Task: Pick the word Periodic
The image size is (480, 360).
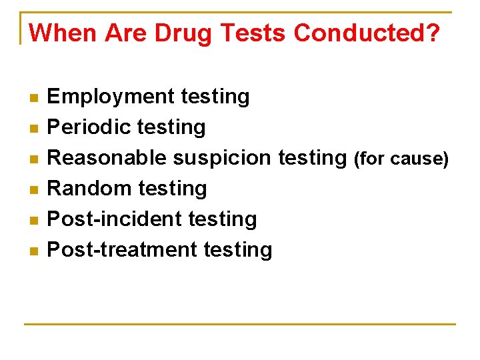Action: point(89,127)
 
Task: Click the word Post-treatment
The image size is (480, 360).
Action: point(123,249)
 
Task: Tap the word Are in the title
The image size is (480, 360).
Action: point(125,33)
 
